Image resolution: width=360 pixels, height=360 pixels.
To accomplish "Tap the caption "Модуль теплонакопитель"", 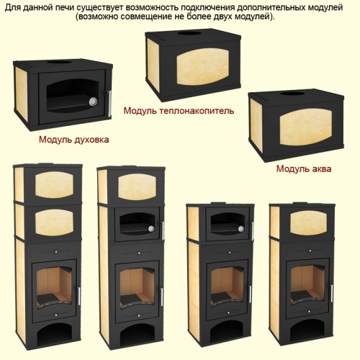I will pos(179,111).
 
